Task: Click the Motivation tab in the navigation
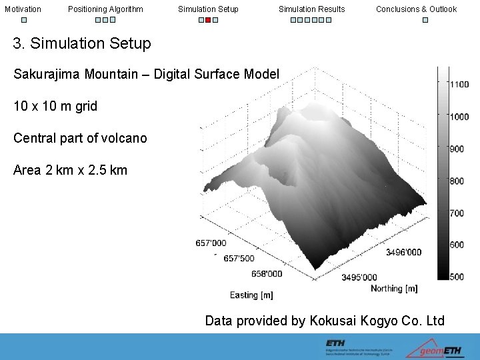coord(23,9)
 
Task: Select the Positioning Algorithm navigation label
coord(105,9)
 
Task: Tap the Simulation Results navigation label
coord(311,9)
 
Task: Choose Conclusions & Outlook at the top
coord(416,9)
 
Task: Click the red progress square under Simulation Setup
coord(208,20)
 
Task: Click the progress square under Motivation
coord(23,20)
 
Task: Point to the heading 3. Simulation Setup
coord(82,44)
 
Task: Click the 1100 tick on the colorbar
coord(459,85)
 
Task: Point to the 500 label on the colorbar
coord(456,277)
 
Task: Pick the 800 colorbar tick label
coord(456,181)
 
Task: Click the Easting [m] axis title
coord(251,295)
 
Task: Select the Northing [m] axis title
coord(394,289)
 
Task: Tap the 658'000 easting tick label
coord(267,273)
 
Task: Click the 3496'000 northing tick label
coord(403,253)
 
